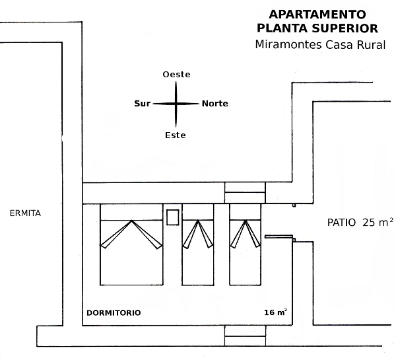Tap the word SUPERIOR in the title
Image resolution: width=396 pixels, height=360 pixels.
click(x=346, y=28)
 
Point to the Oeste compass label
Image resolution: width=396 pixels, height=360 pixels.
click(x=176, y=75)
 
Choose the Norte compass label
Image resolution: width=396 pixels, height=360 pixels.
click(x=215, y=104)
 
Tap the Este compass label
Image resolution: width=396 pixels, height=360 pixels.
click(x=175, y=135)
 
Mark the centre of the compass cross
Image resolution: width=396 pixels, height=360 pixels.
click(x=176, y=104)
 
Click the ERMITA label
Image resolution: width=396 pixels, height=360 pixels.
click(x=26, y=213)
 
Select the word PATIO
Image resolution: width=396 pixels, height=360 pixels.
click(x=342, y=222)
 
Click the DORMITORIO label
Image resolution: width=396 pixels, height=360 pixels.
click(x=114, y=312)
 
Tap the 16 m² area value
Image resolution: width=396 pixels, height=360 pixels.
click(x=275, y=312)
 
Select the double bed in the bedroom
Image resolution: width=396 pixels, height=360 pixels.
click(x=131, y=244)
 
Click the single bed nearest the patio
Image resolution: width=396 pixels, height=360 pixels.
click(x=246, y=244)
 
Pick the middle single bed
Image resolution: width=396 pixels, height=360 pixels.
click(x=198, y=244)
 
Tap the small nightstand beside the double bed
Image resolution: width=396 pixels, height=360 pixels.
click(x=173, y=217)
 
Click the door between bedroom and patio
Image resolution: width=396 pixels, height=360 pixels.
click(x=278, y=236)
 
